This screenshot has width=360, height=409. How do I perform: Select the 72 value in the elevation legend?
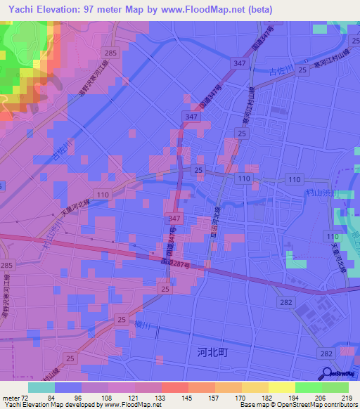point(25,398)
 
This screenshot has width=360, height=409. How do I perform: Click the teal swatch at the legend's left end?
point(41,387)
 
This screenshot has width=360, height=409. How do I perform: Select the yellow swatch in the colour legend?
point(281,387)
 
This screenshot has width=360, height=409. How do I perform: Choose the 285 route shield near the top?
point(110,53)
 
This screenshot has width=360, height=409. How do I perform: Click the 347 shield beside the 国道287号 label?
point(173,220)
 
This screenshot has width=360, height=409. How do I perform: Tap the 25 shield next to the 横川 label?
point(122,320)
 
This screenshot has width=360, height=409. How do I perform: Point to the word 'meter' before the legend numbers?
point(9,398)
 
